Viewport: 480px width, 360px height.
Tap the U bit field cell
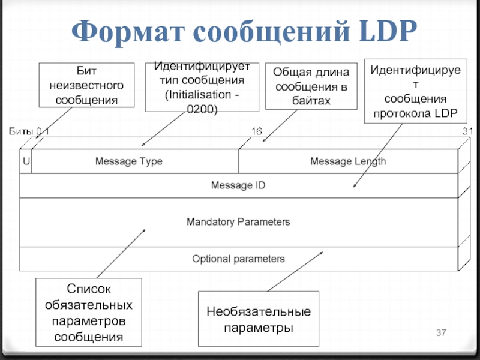point(26,161)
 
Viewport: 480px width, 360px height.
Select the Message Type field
point(128,161)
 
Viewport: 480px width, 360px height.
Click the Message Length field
point(348,161)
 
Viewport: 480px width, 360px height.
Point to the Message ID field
point(238,185)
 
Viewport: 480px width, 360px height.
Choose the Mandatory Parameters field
point(238,222)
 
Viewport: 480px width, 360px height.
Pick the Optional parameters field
point(238,259)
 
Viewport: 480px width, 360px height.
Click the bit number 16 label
point(256,131)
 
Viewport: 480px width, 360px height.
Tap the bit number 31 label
point(467,131)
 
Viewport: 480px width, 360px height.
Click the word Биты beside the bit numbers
point(22,131)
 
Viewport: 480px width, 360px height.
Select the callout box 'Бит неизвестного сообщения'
point(86,86)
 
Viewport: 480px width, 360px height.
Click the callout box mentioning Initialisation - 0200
point(202,87)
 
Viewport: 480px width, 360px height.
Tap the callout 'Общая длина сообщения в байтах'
point(311,87)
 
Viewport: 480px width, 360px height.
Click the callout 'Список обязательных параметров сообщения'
point(89,313)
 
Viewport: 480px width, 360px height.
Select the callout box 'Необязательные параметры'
point(259,320)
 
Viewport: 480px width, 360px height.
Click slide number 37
point(442,334)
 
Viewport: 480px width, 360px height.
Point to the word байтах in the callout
point(311,101)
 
